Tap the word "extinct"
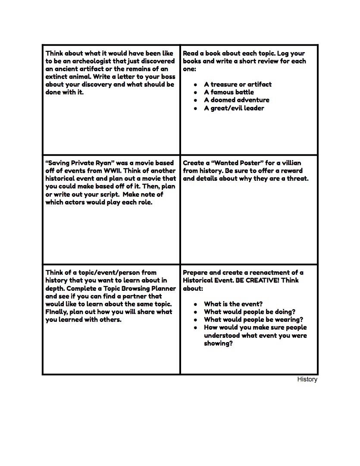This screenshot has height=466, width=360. pyautogui.click(x=58, y=77)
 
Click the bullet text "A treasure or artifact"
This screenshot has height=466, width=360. pyautogui.click(x=238, y=85)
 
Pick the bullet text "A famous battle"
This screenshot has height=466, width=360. pyautogui.click(x=229, y=92)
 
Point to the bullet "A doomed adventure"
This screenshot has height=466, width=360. pyautogui.click(x=236, y=100)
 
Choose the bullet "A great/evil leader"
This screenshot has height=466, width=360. pyautogui.click(x=234, y=108)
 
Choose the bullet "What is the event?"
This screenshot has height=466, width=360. pyautogui.click(x=233, y=304)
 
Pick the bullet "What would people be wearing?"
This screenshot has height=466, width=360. pyautogui.click(x=253, y=320)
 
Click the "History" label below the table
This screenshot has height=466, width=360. pyautogui.click(x=307, y=379)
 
